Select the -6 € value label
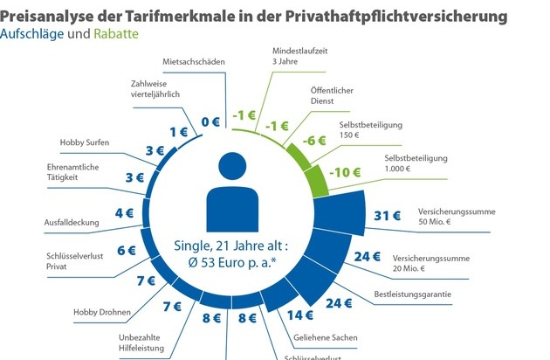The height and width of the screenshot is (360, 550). [x=314, y=141]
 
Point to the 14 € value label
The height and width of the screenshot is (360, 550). [x=302, y=315]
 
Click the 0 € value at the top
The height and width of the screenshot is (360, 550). [x=210, y=121]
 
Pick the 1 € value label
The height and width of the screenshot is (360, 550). [x=178, y=132]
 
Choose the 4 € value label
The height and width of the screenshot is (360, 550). [x=124, y=211]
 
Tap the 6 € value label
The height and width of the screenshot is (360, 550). [x=127, y=249]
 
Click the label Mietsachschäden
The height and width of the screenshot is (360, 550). [x=194, y=63]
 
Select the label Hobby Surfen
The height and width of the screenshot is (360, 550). [x=83, y=142]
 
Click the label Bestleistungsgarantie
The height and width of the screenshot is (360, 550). [x=413, y=294]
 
